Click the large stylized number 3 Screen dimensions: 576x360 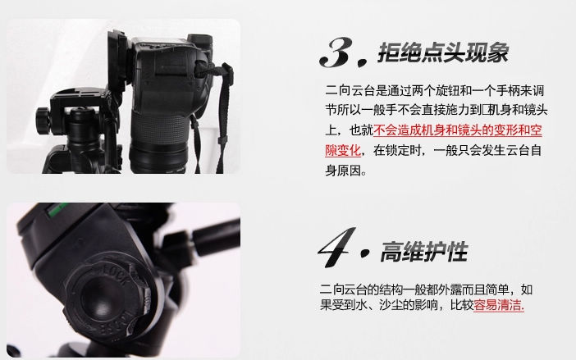pos(337,52)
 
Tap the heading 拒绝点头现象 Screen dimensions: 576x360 pos(443,52)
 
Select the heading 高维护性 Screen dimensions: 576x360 pos(424,252)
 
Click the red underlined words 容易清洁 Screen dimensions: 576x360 pos(499,305)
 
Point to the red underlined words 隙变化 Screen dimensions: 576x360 pos(343,150)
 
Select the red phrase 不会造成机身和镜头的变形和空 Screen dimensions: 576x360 pos(458,130)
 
